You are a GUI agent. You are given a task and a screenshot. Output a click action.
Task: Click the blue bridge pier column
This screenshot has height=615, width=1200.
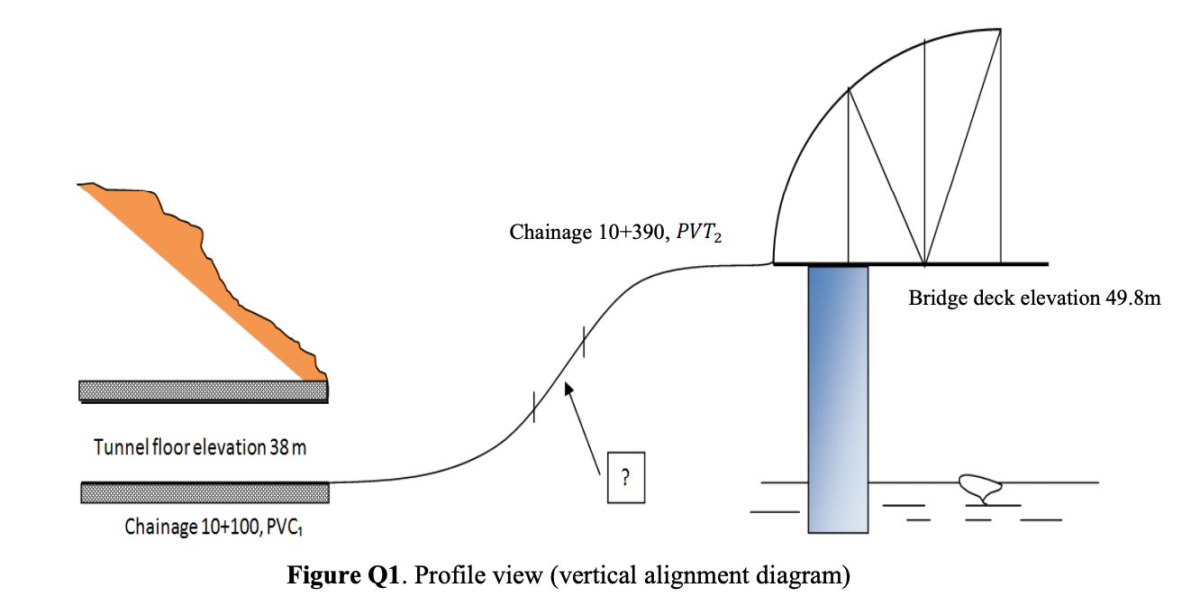(838, 397)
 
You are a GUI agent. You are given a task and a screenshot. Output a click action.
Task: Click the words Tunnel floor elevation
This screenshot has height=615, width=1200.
(179, 447)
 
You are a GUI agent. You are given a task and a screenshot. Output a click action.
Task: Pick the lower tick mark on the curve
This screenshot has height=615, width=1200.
(534, 408)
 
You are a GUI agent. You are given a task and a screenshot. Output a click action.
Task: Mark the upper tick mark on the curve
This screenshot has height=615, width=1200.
(584, 343)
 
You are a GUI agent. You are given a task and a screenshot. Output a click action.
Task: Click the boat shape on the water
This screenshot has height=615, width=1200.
(981, 487)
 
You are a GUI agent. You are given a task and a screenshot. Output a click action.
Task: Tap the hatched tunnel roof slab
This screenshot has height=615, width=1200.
(203, 390)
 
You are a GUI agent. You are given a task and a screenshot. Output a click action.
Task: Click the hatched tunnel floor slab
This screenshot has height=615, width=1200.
(205, 493)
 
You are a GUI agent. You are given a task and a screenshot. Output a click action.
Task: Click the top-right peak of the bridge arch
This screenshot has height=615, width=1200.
(1000, 30)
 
